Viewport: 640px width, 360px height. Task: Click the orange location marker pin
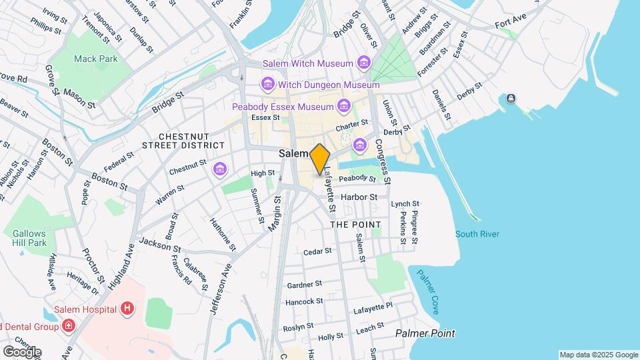(320, 159)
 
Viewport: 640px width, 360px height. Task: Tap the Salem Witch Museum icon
(364, 63)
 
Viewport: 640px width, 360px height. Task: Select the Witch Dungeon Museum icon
(267, 85)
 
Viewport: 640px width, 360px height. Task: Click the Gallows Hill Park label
(29, 238)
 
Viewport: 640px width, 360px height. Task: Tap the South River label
(477, 234)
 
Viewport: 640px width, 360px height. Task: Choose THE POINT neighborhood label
(356, 225)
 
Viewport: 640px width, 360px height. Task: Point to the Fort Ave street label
(511, 25)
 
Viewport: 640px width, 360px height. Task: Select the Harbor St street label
(359, 197)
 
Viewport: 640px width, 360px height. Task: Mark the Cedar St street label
(317, 251)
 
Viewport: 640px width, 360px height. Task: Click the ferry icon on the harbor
(511, 99)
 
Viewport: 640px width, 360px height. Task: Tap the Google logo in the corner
(22, 351)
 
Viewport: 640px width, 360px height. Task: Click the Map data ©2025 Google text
(598, 355)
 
